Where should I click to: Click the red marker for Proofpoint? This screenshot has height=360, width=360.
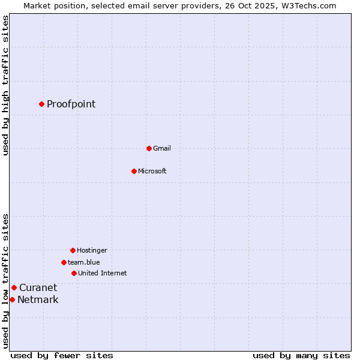[x=41, y=104]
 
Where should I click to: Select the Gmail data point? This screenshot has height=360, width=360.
[x=149, y=148]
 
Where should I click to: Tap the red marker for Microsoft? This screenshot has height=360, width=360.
[x=134, y=171]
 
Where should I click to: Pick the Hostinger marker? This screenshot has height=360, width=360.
[x=73, y=250]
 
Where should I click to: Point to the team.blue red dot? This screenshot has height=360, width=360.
[x=64, y=262]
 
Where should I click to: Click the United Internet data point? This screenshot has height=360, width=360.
[x=74, y=273]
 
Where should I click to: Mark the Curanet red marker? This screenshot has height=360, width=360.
[x=14, y=287]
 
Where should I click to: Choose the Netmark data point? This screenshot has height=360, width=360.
[x=12, y=299]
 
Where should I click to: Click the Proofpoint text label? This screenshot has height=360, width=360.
[x=71, y=104]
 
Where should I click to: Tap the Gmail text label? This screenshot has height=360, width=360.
[x=162, y=148]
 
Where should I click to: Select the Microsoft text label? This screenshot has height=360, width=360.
[x=152, y=171]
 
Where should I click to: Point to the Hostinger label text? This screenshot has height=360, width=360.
[x=92, y=250]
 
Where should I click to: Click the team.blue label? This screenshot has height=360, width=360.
[x=84, y=262]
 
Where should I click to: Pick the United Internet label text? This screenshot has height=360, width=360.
[x=103, y=273]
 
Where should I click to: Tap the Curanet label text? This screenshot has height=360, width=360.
[x=38, y=287]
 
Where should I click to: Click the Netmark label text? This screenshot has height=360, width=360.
[x=38, y=299]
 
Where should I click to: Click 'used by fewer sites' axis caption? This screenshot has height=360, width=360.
[x=62, y=355]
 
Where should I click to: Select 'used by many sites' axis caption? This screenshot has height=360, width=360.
[x=301, y=355]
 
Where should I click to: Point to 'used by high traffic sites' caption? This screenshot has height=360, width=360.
[x=6, y=85]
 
